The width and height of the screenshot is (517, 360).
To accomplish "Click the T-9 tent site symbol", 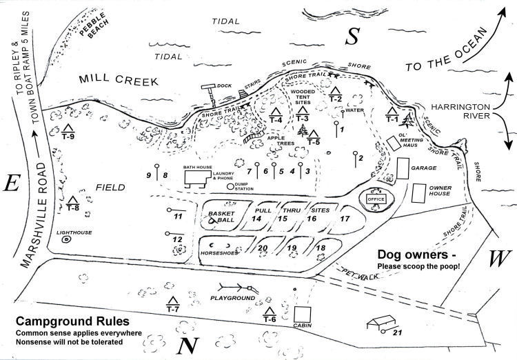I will tap(68, 128).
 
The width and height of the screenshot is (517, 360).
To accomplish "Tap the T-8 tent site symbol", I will tap(73, 201).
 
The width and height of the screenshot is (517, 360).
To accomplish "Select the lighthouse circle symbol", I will tap(66, 241).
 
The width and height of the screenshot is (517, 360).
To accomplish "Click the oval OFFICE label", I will tap(376, 199).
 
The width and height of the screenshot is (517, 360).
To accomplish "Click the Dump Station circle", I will tap(230, 186).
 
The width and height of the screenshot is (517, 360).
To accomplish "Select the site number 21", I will tap(396, 332).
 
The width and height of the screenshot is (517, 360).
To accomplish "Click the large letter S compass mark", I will tap(354, 37).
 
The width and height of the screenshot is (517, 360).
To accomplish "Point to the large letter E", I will tap(12, 183).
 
